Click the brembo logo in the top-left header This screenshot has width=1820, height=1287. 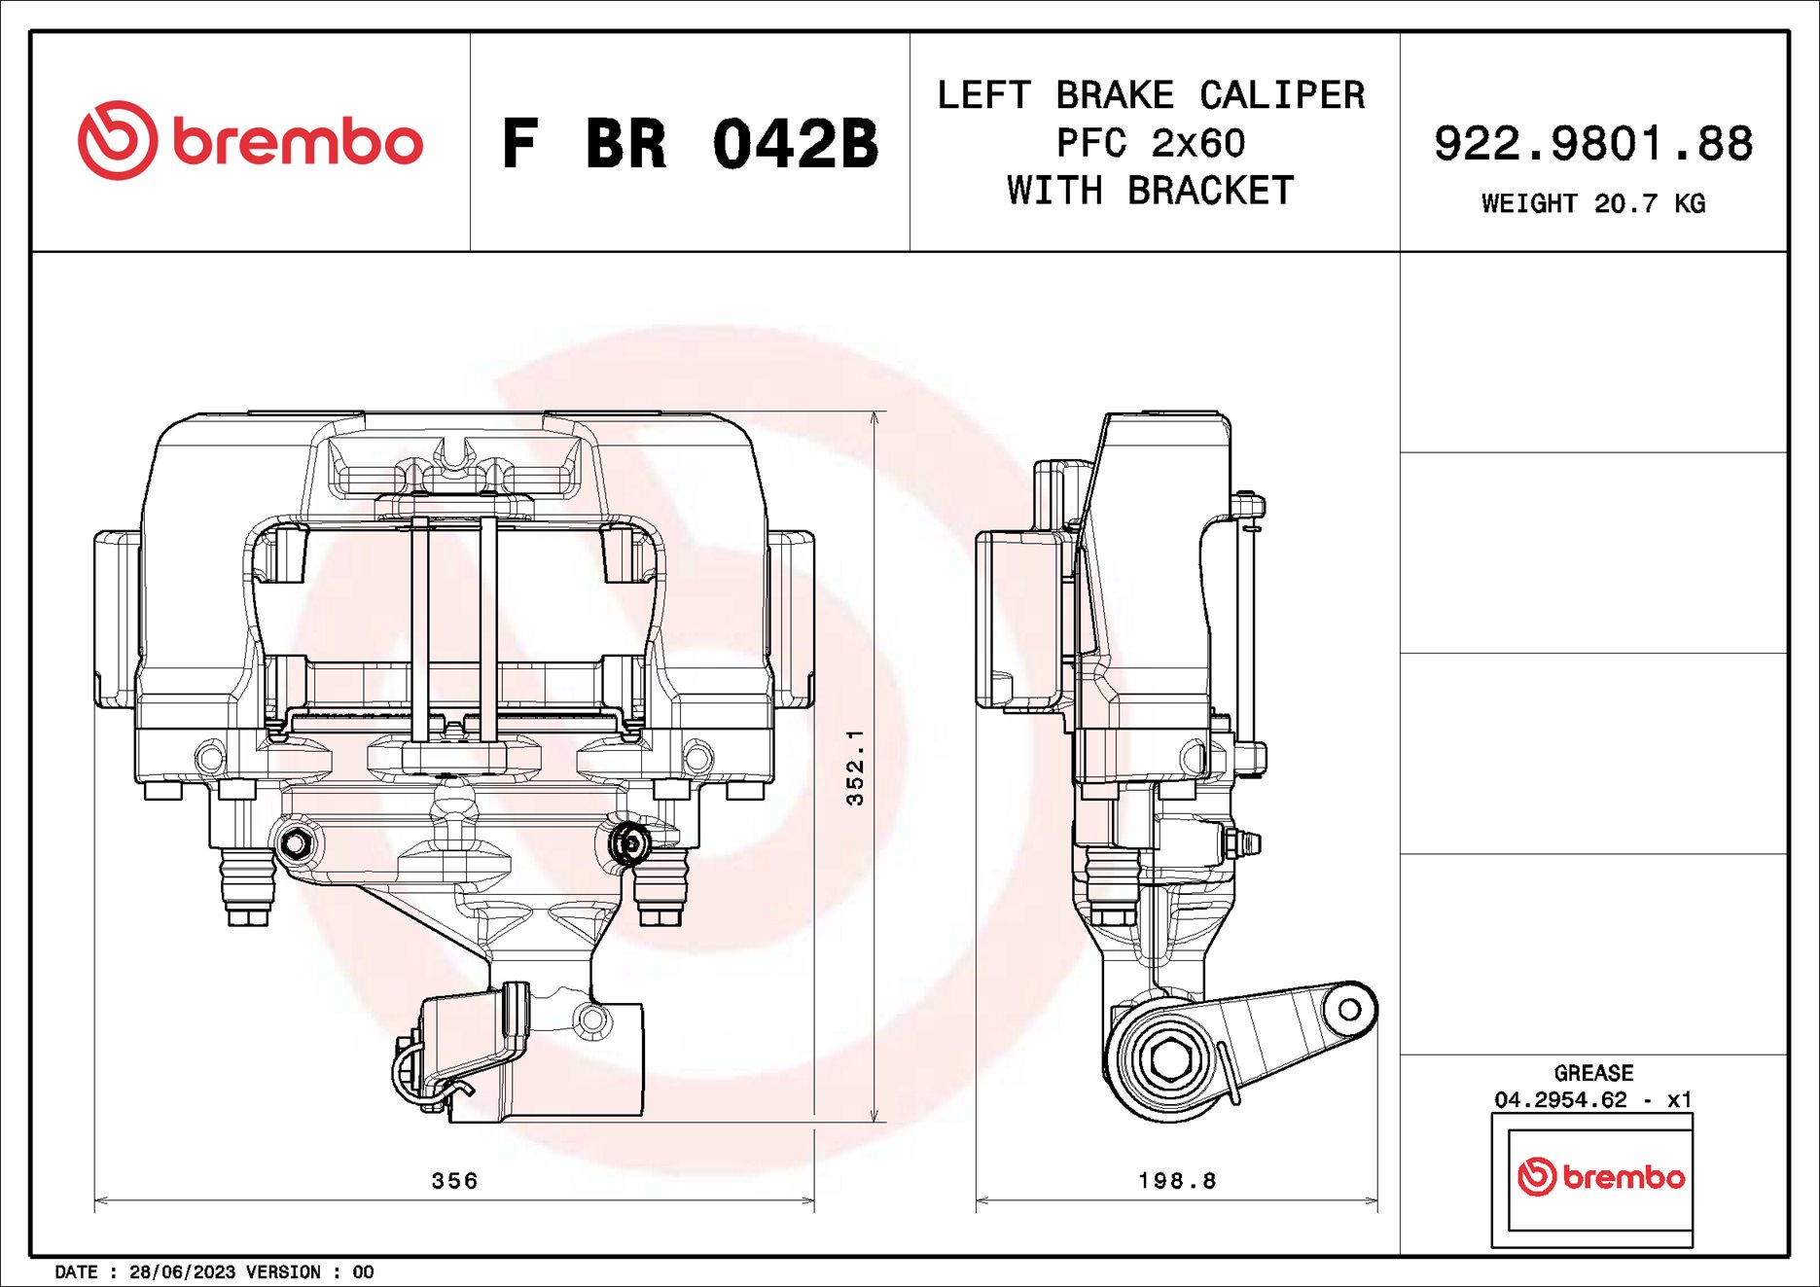[x=250, y=142]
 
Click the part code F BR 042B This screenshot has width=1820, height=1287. [x=689, y=144]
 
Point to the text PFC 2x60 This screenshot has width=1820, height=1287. [x=1151, y=143]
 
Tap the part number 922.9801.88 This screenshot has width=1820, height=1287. [x=1592, y=143]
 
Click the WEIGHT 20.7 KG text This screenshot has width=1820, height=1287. [x=1592, y=203]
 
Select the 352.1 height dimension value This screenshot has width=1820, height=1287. [x=855, y=768]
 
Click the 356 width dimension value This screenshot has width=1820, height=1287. [x=454, y=1180]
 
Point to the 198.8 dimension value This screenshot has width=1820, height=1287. [x=1177, y=1180]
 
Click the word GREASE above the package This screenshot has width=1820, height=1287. [x=1593, y=1073]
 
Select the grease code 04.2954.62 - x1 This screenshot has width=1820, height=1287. [x=1593, y=1099]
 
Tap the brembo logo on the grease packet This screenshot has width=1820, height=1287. [x=1600, y=1177]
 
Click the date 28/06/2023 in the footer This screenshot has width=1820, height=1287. [x=182, y=1271]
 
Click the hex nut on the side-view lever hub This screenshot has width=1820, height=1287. [x=1167, y=1061]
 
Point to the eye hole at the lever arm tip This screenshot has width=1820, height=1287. [x=1348, y=1010]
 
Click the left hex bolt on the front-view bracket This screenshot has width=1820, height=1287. [x=295, y=842]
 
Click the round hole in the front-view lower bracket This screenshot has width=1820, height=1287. [x=591, y=1020]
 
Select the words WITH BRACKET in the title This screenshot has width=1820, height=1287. [x=1151, y=191]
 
